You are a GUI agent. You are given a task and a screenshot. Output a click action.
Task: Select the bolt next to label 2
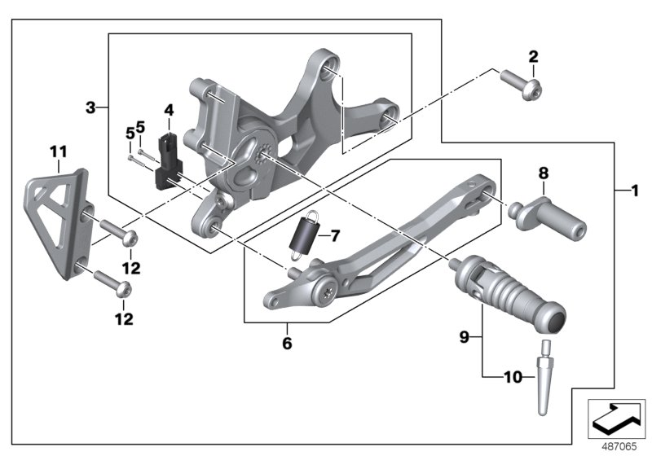516,82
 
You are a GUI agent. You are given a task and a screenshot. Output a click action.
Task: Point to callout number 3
91,107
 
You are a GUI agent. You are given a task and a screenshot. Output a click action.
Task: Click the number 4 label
169,110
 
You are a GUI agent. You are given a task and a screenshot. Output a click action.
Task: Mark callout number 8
544,173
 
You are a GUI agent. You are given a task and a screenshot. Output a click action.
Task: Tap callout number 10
513,377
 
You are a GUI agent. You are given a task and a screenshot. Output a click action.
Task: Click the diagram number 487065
617,445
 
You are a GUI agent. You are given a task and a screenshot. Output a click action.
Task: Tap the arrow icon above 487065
616,417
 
